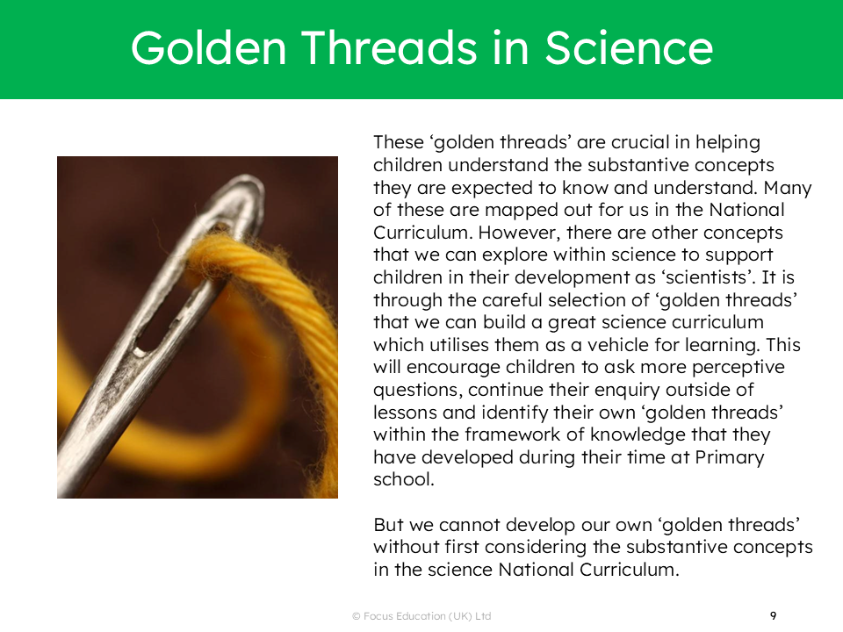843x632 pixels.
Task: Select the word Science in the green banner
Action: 628,47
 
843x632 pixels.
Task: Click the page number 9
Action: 773,616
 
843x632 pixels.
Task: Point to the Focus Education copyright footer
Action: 421,616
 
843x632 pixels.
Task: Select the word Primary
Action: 730,458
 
